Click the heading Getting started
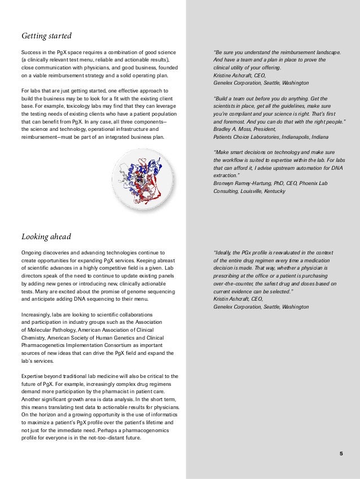tap(46, 37)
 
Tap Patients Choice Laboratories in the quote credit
tap(241, 137)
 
